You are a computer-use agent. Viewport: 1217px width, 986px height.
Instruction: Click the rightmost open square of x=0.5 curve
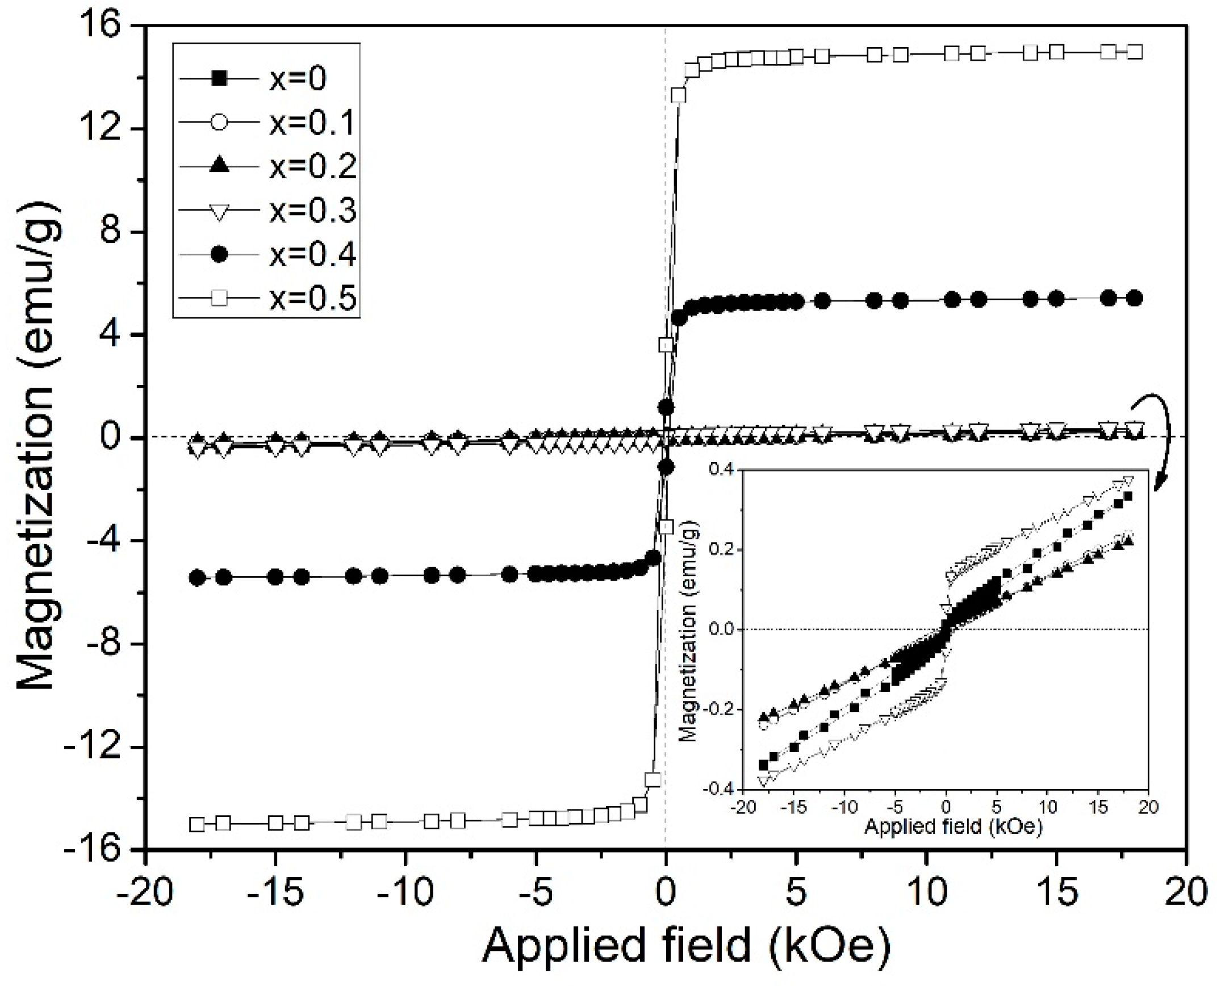(1135, 52)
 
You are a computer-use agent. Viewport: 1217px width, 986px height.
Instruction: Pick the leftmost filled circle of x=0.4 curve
(198, 578)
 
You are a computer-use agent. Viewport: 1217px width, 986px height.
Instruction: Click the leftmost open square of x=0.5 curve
(197, 824)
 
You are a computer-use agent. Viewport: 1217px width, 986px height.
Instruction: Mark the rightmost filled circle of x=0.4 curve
(1135, 298)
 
